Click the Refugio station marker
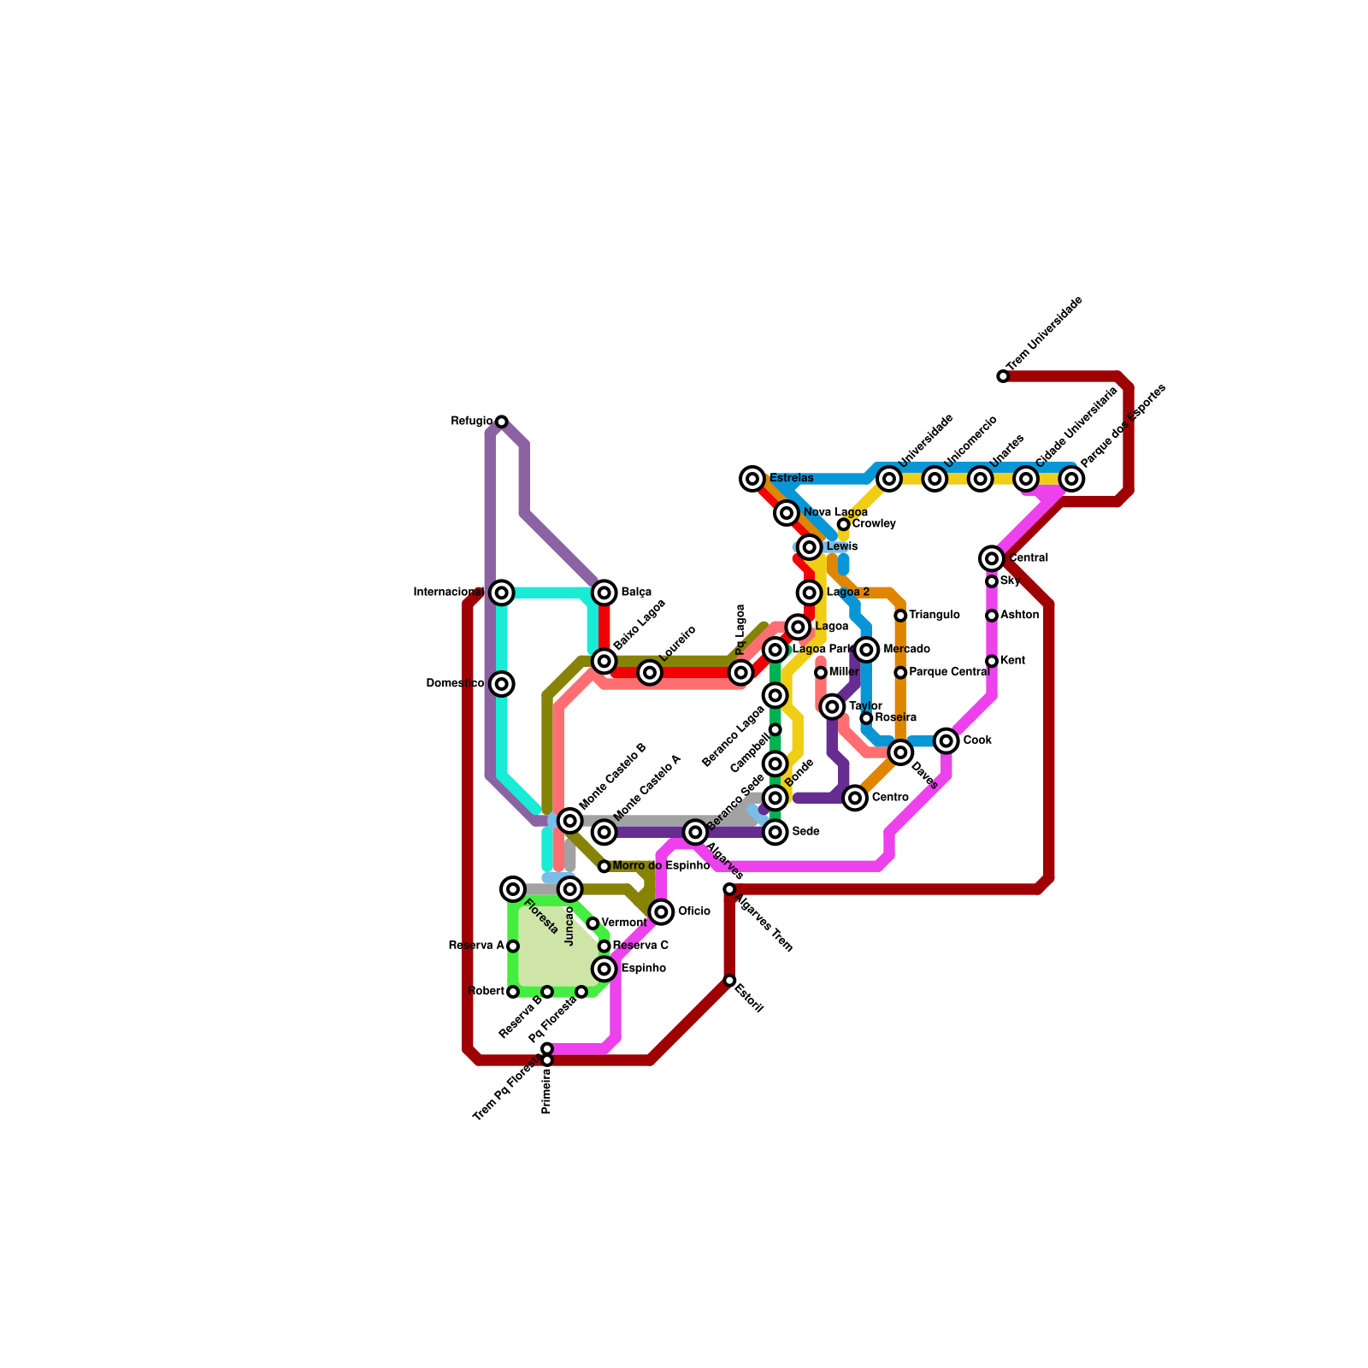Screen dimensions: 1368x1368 [502, 422]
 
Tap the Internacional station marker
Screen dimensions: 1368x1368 [502, 593]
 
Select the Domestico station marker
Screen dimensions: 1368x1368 [502, 684]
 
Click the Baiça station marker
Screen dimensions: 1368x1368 [604, 593]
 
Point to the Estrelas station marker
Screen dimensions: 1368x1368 [752, 479]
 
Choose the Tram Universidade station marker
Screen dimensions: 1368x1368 [1003, 376]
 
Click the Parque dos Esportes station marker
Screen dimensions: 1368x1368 [1071, 479]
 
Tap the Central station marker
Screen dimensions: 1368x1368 [992, 558]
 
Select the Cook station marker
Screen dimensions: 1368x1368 [946, 740]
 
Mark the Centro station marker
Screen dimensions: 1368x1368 [855, 798]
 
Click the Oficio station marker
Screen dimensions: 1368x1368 [661, 912]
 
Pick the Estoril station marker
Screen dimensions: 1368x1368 [729, 981]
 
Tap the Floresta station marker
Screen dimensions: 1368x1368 [513, 889]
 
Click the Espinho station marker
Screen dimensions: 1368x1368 [604, 969]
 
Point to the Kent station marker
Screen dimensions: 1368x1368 [992, 661]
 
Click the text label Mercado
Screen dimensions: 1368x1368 [906, 650]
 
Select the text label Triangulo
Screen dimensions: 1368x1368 [934, 616]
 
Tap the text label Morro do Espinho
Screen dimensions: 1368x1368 [661, 866]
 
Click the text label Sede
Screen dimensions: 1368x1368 [805, 832]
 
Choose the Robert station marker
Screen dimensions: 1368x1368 [513, 992]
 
